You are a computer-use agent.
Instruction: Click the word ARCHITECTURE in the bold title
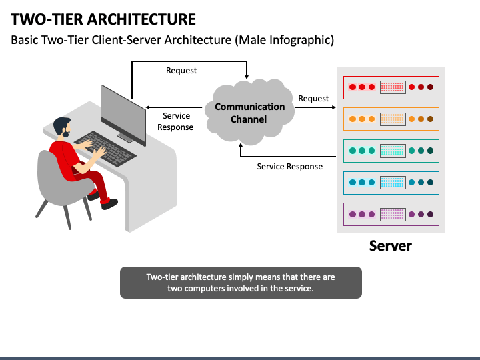pyautogui.click(x=141, y=19)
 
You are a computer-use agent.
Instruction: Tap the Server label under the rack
pyautogui.click(x=390, y=245)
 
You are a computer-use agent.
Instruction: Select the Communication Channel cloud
pyautogui.click(x=249, y=112)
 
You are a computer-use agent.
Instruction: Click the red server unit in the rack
pyautogui.click(x=391, y=87)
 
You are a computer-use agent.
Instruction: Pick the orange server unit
pyautogui.click(x=391, y=119)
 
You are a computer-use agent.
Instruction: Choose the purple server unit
pyautogui.click(x=391, y=214)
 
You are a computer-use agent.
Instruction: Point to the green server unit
pyautogui.click(x=391, y=151)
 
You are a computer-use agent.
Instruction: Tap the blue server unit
pyautogui.click(x=391, y=183)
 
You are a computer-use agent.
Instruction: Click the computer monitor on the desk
pyautogui.click(x=123, y=115)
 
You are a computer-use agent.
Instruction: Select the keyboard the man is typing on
pyautogui.click(x=105, y=149)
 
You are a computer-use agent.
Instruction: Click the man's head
pyautogui.click(x=62, y=127)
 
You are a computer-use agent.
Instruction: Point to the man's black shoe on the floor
pyautogui.click(x=109, y=203)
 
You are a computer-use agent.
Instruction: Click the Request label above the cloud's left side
pyautogui.click(x=181, y=71)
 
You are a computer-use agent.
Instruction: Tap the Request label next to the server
pyautogui.click(x=313, y=99)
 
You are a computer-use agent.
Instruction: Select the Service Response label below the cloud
pyautogui.click(x=289, y=167)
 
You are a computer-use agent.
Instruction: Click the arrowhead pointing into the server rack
pyautogui.click(x=334, y=107)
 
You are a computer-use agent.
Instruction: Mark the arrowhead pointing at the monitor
pyautogui.click(x=148, y=107)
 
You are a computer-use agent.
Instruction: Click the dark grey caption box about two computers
pyautogui.click(x=241, y=283)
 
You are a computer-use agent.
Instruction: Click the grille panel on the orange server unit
pyautogui.click(x=393, y=119)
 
